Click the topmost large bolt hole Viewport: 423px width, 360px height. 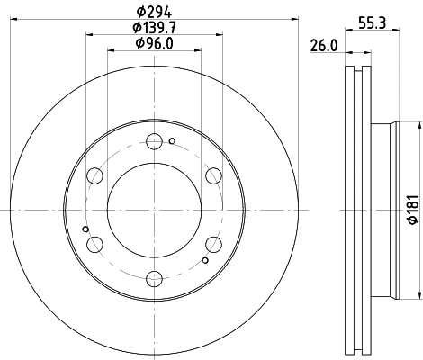click(154, 140)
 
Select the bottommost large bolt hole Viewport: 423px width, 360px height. click(154, 277)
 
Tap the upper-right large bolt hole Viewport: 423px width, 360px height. click(213, 175)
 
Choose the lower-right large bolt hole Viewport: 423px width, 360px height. click(213, 243)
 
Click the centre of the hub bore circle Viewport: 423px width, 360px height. click(154, 209)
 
